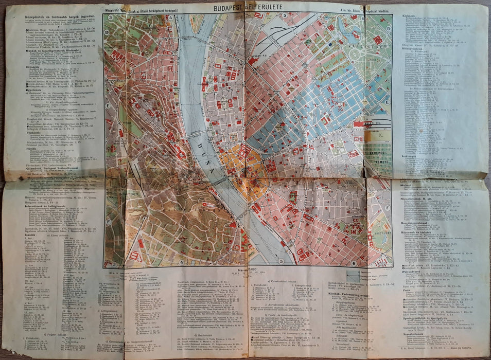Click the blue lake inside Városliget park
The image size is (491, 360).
tap(355, 36)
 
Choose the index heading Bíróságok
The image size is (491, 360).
tap(34, 66)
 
